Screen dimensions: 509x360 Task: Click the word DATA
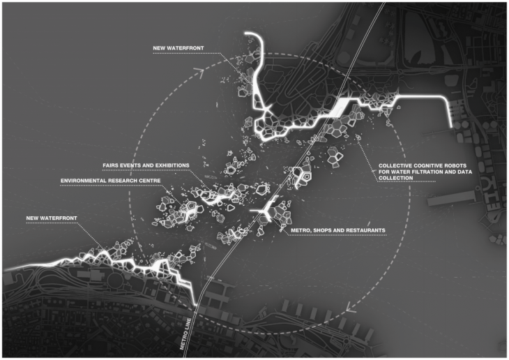[x=464, y=172]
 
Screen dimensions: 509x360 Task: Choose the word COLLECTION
[x=396, y=178]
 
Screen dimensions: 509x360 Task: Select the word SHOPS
[x=321, y=230]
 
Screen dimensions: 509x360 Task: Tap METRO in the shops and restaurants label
[x=300, y=230]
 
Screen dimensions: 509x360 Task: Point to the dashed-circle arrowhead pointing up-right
[x=199, y=72]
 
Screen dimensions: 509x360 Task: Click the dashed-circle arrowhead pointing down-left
[x=351, y=308]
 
